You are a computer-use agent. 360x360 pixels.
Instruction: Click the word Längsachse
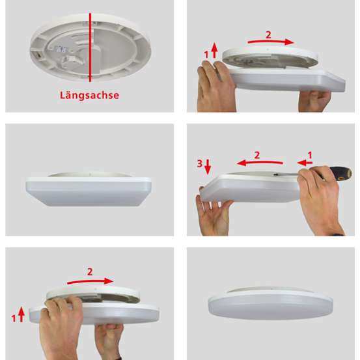89,95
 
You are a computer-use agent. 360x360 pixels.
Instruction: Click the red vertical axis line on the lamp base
90,47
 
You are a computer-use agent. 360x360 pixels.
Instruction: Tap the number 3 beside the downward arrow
200,163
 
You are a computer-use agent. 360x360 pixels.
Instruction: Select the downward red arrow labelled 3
208,167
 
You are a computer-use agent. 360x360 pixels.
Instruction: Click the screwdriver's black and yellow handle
341,173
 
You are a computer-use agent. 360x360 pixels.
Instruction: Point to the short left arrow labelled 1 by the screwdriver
305,163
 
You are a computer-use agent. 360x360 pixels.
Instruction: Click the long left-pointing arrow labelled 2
260,163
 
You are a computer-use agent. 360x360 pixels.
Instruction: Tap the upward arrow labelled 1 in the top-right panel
214,50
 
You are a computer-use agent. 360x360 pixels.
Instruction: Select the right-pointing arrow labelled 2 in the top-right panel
271,42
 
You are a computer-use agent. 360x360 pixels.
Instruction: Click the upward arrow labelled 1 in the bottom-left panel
21,314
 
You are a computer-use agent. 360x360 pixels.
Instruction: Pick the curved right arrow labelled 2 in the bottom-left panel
90,281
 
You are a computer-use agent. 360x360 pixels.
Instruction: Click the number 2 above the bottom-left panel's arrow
90,272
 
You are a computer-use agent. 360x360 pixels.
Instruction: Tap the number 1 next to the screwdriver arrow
310,155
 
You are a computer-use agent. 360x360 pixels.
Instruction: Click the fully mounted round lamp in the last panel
271,303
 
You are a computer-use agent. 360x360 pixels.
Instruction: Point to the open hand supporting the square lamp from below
214,214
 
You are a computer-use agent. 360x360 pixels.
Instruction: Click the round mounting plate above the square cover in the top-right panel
270,58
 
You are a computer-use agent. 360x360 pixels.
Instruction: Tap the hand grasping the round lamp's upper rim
62,326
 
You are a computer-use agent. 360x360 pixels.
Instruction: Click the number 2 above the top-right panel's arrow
268,35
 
